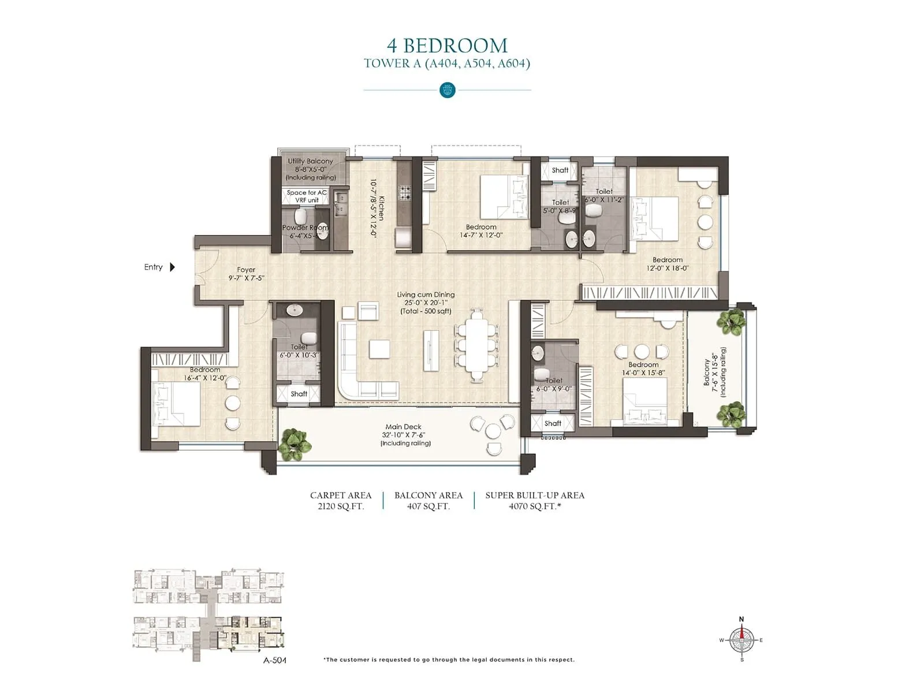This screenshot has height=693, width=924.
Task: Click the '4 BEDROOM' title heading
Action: click(447, 46)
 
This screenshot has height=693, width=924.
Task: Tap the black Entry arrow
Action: click(172, 267)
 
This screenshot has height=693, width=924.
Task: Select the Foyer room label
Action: click(246, 270)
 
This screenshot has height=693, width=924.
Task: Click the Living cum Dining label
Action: click(426, 295)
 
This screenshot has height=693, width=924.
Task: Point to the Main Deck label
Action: click(403, 427)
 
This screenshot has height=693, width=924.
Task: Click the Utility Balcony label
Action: click(310, 161)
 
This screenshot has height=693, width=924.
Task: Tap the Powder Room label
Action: click(305, 228)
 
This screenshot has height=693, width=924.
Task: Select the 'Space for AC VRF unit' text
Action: click(307, 196)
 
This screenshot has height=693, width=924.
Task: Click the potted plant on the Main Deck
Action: click(295, 444)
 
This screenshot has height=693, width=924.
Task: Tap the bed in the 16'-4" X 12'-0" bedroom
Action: click(176, 404)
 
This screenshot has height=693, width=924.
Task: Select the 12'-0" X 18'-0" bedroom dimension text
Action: click(668, 268)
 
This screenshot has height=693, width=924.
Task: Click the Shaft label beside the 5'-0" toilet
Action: click(560, 170)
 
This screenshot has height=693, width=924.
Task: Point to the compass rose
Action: click(742, 640)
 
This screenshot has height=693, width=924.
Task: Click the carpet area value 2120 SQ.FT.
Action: click(341, 506)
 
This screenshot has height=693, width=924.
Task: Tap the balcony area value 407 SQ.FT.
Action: click(428, 506)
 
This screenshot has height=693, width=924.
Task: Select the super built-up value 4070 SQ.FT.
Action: click(535, 506)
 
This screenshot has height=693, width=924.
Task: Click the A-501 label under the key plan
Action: click(275, 660)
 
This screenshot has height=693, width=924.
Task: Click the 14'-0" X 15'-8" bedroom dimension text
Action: click(643, 373)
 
